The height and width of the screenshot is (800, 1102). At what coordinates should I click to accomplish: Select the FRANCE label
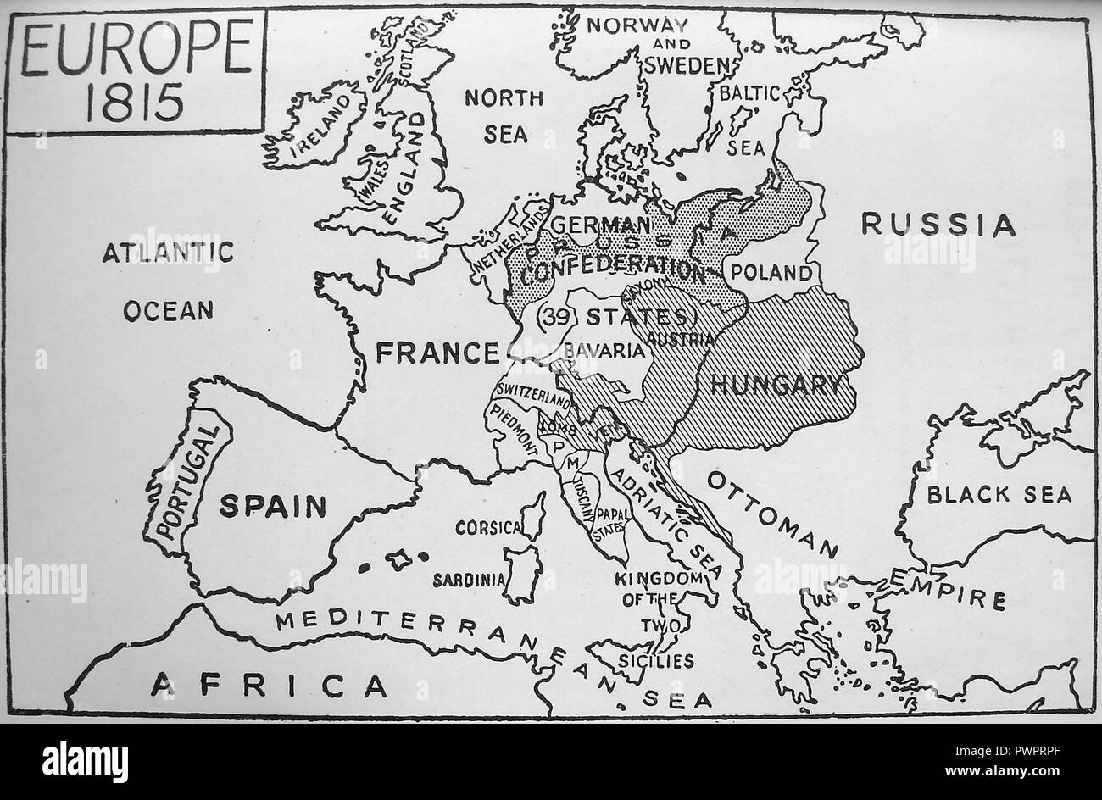tap(437, 352)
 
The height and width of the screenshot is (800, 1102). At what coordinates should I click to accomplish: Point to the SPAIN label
tap(273, 506)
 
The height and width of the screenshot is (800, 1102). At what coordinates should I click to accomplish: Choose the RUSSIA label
tap(938, 225)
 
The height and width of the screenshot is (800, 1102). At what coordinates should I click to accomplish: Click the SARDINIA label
tap(469, 581)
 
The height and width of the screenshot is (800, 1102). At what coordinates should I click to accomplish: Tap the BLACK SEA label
tap(999, 494)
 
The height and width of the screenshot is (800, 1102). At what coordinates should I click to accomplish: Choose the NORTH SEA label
tap(504, 115)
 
